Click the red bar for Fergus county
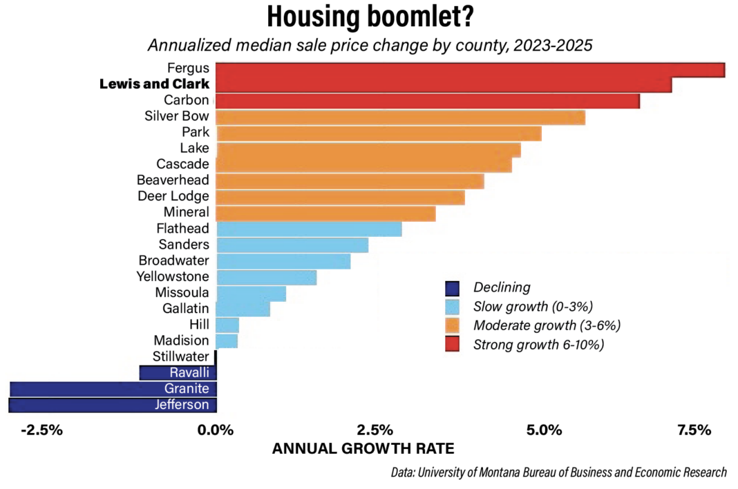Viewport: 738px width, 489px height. (470, 70)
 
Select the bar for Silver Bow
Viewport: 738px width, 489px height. (401, 117)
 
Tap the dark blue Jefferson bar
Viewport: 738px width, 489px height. (113, 405)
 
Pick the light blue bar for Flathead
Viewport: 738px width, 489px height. (309, 229)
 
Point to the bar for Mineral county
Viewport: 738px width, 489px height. (326, 213)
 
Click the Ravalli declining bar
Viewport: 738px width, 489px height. (178, 373)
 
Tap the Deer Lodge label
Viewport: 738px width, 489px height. (173, 196)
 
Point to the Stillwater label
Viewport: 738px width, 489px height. (180, 356)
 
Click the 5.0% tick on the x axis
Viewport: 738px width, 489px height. (545, 430)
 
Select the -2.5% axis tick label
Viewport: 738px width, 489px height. (42, 430)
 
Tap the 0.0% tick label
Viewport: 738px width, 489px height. (216, 430)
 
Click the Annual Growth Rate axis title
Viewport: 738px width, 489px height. (363, 448)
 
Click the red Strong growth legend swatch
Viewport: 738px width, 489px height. (453, 344)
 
